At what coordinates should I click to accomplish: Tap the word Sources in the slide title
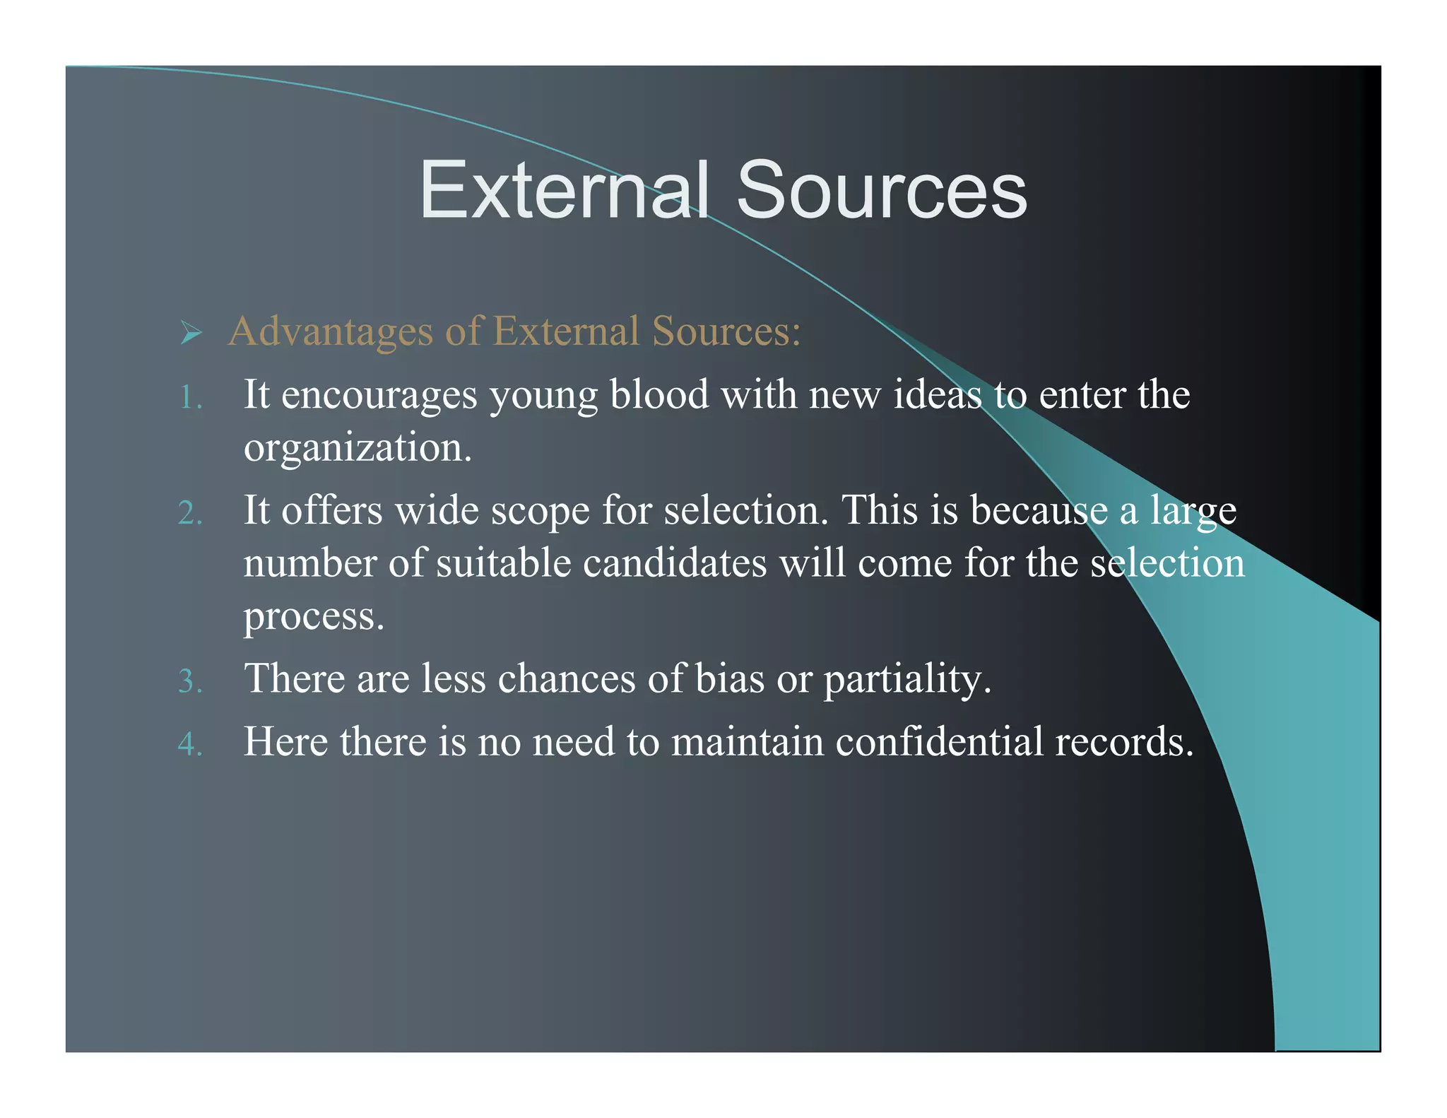(x=881, y=191)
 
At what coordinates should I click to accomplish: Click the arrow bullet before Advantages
(x=191, y=332)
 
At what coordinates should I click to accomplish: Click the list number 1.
(x=189, y=397)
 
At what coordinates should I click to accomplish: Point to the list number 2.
(x=189, y=513)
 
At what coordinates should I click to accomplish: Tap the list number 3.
(x=189, y=681)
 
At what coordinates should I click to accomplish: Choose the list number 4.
(x=189, y=744)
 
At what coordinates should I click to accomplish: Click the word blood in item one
(x=658, y=394)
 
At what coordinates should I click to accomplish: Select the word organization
(x=357, y=448)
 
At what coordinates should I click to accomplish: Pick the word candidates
(x=674, y=563)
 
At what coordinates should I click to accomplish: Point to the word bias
(x=729, y=678)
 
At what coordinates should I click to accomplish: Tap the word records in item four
(x=1123, y=741)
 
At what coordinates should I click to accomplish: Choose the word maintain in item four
(x=747, y=741)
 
